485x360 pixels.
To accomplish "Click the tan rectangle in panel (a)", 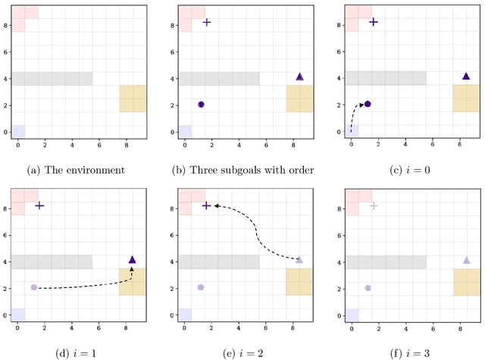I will [x=133, y=99].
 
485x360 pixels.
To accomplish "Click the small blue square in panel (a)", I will [x=19, y=131].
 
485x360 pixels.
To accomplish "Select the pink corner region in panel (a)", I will [x=23, y=15].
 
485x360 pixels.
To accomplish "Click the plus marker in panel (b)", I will [x=207, y=22].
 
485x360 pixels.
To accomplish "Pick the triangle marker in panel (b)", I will [x=299, y=77].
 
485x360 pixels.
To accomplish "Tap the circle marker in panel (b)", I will [x=201, y=105].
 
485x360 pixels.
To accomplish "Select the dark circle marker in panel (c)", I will [x=368, y=104].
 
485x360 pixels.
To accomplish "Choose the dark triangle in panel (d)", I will [x=133, y=260].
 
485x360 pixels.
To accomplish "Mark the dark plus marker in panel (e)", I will [x=207, y=205].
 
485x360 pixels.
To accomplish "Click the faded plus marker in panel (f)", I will [x=373, y=205].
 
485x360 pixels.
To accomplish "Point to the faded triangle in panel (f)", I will [x=466, y=260].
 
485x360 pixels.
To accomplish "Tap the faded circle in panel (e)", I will [x=201, y=287].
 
